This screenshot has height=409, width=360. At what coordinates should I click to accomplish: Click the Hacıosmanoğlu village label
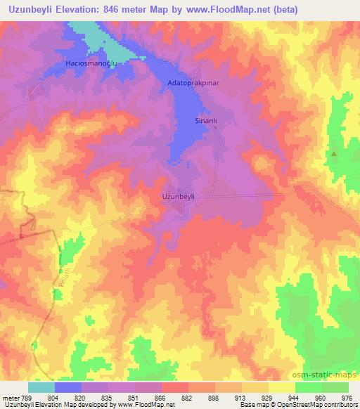tap(89, 63)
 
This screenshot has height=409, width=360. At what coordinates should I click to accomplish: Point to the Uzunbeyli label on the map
tap(178, 197)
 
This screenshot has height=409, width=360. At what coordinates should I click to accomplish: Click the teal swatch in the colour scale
tap(41, 387)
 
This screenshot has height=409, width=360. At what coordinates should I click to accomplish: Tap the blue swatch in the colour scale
tap(68, 387)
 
